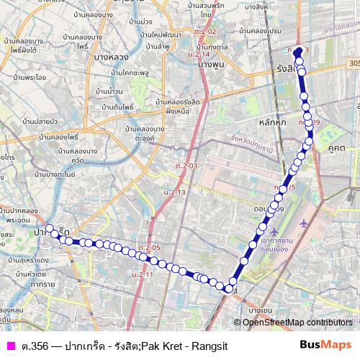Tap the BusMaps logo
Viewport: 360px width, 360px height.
(325, 346)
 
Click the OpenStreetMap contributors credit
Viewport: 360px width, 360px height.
(297, 322)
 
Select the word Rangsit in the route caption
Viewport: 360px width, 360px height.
(206, 346)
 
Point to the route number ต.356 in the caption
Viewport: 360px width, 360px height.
(33, 346)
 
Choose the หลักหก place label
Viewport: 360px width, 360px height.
(270, 123)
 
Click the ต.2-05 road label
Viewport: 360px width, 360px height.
(151, 248)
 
